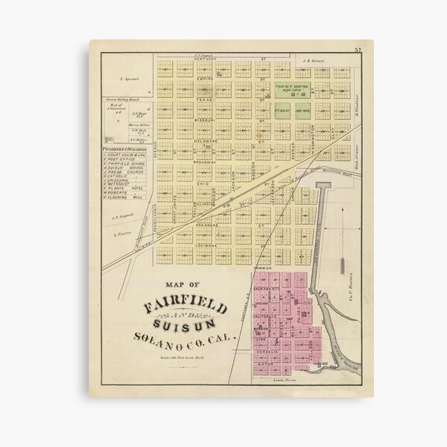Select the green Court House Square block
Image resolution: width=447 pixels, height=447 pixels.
pos(293,92)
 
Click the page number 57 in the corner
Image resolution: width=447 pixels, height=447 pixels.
pos(358,49)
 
